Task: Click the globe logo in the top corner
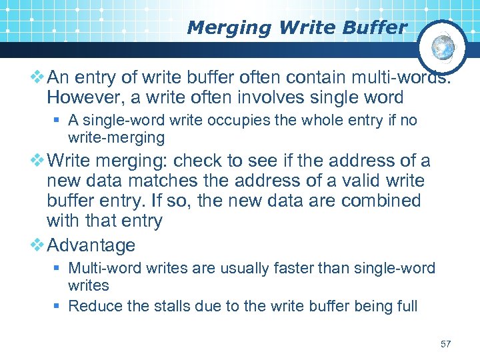441,47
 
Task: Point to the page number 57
446,344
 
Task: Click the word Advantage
91,245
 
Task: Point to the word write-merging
116,137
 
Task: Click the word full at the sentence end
405,306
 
